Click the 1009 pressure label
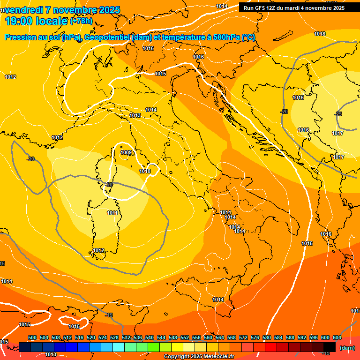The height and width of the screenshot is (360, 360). (x=126, y=152)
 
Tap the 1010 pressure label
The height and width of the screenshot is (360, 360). (x=145, y=171)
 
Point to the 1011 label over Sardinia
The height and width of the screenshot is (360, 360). (x=112, y=213)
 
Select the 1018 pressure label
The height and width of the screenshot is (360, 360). (x=320, y=34)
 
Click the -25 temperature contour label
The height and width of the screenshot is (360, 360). (x=338, y=114)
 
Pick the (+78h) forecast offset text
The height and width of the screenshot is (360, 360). (x=81, y=21)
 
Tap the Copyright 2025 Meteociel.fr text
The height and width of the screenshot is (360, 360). (x=199, y=357)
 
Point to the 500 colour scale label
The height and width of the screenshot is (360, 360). (x=32, y=337)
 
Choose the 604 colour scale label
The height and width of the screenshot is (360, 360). (x=337, y=337)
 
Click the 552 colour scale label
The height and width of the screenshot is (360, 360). (x=185, y=337)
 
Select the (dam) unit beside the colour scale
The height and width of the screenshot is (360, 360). (x=347, y=347)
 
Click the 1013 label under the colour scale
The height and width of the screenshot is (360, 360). (x=51, y=354)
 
